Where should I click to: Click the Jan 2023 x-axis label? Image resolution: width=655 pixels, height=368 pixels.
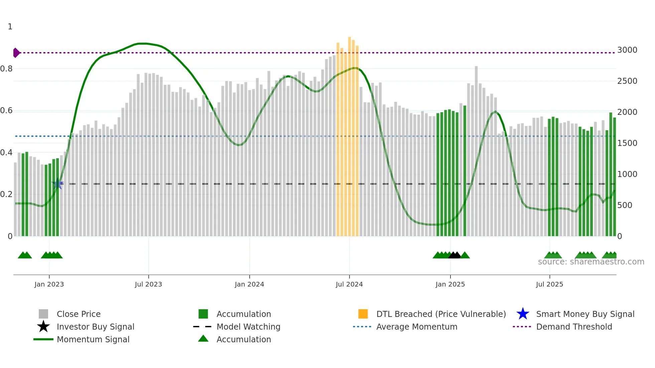(49, 284)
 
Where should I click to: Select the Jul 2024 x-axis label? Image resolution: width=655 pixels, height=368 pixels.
(349, 284)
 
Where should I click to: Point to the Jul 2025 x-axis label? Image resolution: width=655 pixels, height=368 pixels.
(549, 284)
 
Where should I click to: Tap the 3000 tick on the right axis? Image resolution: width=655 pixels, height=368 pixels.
(627, 50)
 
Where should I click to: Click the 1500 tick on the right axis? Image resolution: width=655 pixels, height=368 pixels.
(627, 143)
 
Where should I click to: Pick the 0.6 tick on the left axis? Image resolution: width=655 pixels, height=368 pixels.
(6, 111)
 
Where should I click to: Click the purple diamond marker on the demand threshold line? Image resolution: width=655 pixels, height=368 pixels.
(16, 53)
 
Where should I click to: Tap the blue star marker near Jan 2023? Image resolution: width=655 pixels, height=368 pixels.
(57, 184)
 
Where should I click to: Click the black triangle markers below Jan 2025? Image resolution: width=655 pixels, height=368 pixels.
(454, 255)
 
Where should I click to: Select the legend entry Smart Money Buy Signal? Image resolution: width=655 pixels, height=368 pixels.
(585, 314)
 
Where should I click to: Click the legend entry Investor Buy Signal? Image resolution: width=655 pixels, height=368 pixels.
(95, 327)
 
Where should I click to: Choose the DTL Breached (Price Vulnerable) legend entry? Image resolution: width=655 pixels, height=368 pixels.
(441, 314)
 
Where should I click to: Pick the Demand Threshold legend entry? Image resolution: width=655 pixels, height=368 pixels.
(574, 327)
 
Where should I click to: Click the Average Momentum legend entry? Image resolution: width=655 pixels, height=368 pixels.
(416, 327)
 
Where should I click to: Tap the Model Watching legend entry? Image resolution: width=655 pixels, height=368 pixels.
(248, 327)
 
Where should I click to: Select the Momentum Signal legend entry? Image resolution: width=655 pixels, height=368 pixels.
(93, 339)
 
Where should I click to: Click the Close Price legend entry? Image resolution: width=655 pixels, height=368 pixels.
(78, 314)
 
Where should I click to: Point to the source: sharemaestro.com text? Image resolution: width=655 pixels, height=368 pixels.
(591, 262)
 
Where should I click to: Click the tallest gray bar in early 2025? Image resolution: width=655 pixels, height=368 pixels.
(476, 150)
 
